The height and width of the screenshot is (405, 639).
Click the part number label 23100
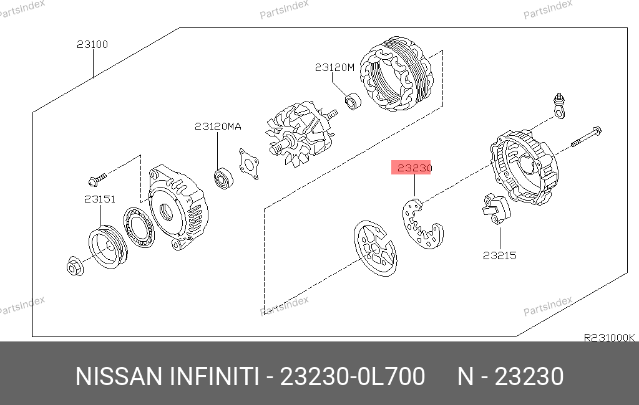coord(92,44)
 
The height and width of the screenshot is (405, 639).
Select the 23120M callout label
coord(334,67)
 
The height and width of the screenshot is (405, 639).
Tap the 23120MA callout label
coord(218,126)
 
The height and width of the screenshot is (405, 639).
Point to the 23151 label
coord(100,199)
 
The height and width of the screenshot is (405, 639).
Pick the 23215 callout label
coord(500,255)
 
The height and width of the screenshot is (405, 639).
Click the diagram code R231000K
coord(609,338)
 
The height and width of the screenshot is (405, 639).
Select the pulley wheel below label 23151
coord(108,247)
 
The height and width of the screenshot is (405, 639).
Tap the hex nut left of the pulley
coord(75,266)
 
